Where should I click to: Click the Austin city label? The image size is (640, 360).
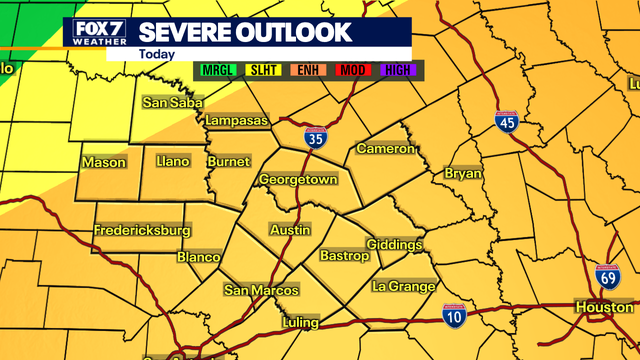(x=291, y=230)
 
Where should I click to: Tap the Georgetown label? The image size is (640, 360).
(x=298, y=180)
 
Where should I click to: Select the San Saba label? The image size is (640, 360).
(x=173, y=102)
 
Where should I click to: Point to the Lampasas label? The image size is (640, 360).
(x=237, y=121)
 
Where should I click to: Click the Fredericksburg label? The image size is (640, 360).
(x=142, y=231)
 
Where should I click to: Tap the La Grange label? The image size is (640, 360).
(x=403, y=287)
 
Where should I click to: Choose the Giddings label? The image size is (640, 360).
(x=395, y=245)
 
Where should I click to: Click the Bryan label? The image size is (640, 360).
(x=463, y=174)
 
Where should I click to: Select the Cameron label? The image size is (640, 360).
(x=385, y=149)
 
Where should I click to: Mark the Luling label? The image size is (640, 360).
(x=300, y=322)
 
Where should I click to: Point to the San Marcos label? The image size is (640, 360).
(x=261, y=290)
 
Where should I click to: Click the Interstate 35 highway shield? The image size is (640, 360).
(x=315, y=136)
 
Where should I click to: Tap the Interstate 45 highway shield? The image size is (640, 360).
(x=508, y=122)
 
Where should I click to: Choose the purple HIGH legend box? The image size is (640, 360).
(x=399, y=70)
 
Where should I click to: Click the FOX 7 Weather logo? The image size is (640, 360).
(x=97, y=33)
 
